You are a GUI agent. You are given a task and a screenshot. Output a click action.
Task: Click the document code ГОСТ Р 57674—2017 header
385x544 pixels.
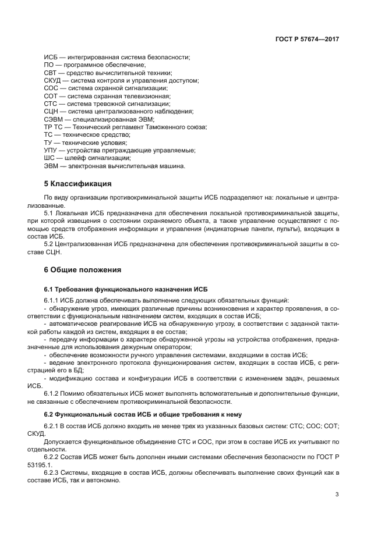click(307, 40)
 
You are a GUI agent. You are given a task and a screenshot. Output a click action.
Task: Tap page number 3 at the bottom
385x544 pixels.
click(337, 495)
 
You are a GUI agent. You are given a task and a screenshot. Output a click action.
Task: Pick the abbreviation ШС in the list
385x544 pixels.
click(50, 158)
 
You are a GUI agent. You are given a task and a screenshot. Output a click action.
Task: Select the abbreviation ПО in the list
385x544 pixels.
click(50, 65)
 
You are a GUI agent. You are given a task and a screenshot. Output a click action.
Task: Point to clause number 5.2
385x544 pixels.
click(50, 245)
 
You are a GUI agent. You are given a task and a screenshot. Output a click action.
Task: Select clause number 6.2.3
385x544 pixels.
click(52, 474)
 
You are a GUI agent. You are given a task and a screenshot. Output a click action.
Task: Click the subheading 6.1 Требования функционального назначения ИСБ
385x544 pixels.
click(125, 289)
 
